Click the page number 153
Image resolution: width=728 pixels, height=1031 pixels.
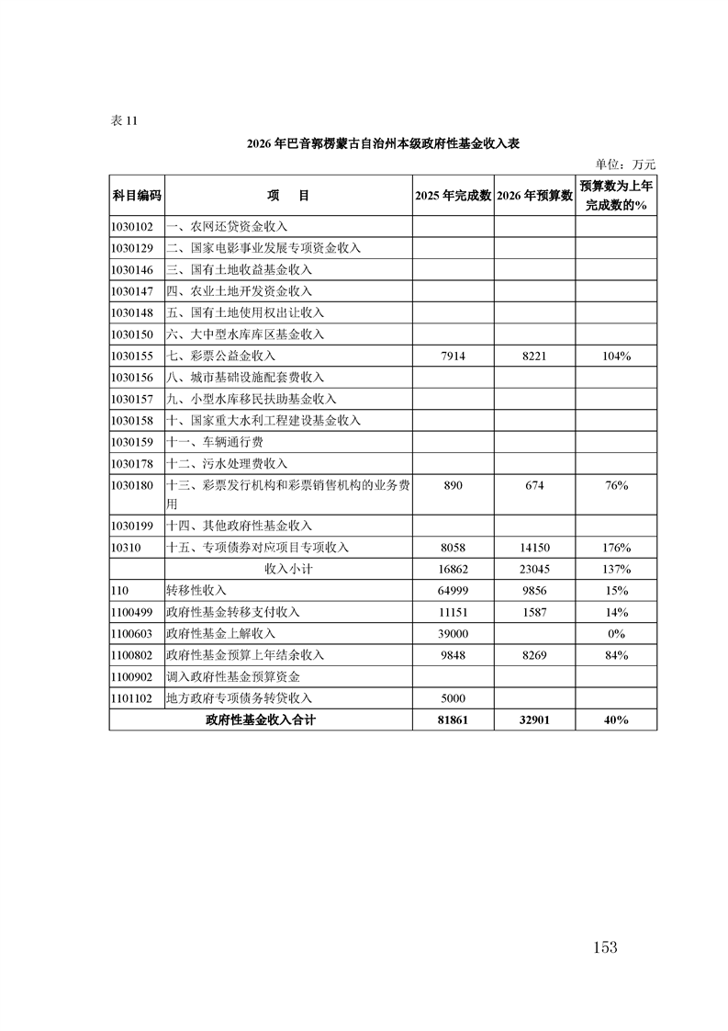tap(605, 947)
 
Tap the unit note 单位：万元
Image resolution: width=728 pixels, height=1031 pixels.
tap(625, 164)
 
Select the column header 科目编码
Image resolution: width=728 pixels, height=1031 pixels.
tap(137, 196)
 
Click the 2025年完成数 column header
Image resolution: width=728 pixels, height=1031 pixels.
tap(454, 196)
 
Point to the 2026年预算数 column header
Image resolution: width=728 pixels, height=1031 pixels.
tap(535, 196)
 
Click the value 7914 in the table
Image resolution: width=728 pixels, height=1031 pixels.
tap(454, 356)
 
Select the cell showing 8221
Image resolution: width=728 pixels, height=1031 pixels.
tap(535, 356)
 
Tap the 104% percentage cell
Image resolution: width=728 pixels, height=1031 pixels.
tap(616, 356)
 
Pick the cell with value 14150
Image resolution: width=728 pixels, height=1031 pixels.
tap(535, 548)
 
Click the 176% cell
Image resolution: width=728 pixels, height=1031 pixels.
tap(616, 548)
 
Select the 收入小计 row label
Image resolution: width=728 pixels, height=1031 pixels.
tap(288, 569)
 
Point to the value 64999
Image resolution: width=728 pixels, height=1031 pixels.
tap(454, 591)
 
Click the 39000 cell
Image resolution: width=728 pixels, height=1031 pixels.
tap(454, 634)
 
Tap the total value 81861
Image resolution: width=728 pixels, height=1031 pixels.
tap(454, 721)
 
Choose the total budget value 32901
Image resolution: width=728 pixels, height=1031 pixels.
tap(535, 721)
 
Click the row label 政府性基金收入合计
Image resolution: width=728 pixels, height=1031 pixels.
tap(261, 721)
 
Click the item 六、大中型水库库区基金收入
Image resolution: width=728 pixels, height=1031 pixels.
tap(245, 334)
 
